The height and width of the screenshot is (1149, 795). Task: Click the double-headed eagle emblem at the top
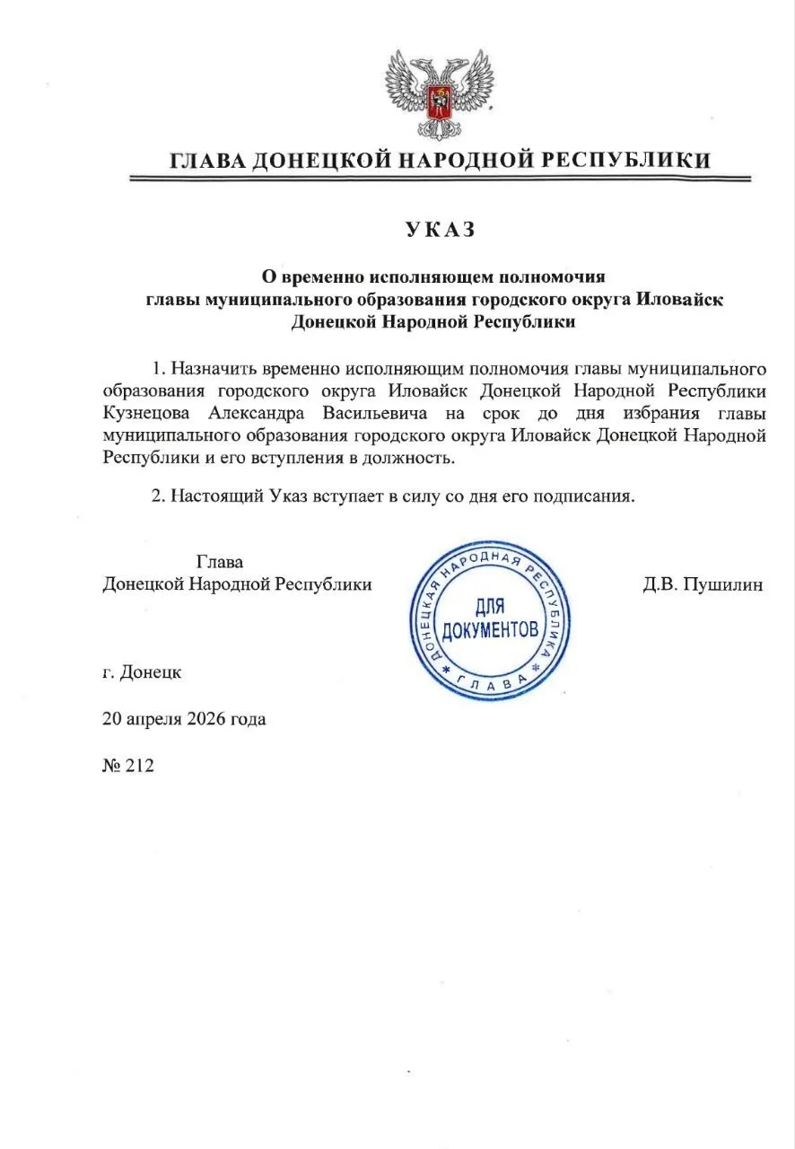click(440, 91)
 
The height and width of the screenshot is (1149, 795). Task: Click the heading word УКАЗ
click(439, 229)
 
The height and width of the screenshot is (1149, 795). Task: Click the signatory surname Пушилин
click(722, 584)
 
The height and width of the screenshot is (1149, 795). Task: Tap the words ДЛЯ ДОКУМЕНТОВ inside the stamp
click(491, 619)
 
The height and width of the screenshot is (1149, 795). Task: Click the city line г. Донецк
click(142, 671)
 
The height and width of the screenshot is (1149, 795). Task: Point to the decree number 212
click(142, 766)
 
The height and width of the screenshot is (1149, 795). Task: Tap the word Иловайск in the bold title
click(680, 299)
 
